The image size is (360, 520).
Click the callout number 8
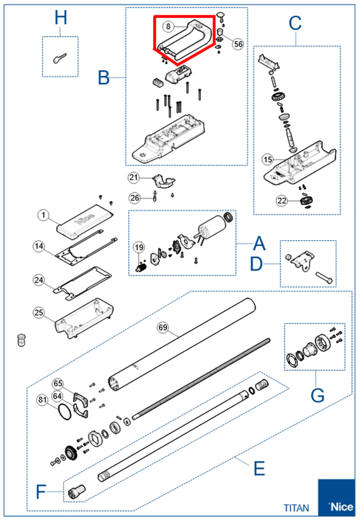168,26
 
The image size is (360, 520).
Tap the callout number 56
238,44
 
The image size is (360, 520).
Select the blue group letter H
61,18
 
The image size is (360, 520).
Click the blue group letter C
295,24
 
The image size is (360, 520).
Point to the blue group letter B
104,78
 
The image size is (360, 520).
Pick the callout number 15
268,160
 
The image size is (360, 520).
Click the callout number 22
282,200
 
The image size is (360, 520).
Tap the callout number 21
133,178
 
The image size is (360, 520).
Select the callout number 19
139,247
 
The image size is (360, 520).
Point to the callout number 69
163,327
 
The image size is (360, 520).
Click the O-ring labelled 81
65,412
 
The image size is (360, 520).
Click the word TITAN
296,508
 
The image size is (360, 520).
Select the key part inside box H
60,58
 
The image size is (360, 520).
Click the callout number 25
39,312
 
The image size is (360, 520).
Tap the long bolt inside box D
324,278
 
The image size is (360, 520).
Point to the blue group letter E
259,468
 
